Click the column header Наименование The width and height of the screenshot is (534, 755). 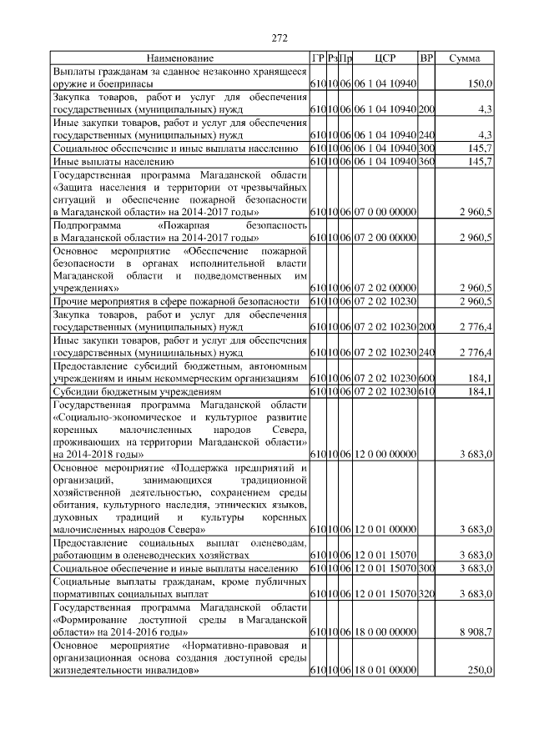coord(180,58)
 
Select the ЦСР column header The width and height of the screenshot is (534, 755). coord(385,58)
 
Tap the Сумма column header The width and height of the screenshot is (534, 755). coord(465,58)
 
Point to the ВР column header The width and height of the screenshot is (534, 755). coord(426,58)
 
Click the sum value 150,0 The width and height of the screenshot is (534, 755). coord(479,84)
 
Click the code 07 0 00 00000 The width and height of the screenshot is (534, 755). coord(385,213)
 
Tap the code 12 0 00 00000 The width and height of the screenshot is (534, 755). coord(385,454)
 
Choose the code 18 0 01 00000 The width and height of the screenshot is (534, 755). coord(385,672)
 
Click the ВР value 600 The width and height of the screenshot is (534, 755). coord(426,378)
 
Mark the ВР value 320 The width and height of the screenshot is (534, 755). coord(426,594)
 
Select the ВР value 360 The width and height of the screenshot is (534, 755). coord(426,161)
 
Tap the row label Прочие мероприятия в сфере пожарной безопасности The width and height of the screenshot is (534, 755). coord(176,300)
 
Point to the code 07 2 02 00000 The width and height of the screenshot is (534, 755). coord(385,287)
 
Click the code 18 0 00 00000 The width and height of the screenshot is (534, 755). coord(385,633)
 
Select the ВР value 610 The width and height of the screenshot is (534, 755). coord(426,391)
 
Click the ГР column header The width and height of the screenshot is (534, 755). coord(317,58)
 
